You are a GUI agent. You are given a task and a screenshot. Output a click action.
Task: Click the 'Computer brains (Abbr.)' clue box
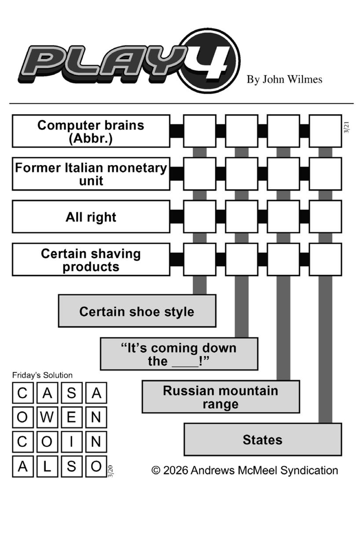(x=91, y=131)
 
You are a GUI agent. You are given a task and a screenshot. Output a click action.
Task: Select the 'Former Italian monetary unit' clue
(x=91, y=174)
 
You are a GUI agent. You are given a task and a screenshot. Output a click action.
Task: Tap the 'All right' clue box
(x=91, y=217)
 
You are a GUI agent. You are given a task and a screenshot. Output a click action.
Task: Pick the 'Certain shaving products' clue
(x=91, y=259)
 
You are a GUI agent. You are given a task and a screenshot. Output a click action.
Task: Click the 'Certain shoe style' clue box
(x=137, y=311)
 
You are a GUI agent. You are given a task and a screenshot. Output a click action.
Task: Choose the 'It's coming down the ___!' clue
(x=179, y=354)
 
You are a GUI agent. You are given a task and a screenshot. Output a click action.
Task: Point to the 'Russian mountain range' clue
(x=220, y=397)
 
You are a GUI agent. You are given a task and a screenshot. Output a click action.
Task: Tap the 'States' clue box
(x=263, y=440)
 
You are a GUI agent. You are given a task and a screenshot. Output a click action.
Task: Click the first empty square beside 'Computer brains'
(x=199, y=131)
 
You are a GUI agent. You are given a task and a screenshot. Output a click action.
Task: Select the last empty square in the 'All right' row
(x=325, y=217)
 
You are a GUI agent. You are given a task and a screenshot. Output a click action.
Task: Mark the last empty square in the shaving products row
(x=325, y=259)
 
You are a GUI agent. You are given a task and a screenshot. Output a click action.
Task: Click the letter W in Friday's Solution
(x=47, y=418)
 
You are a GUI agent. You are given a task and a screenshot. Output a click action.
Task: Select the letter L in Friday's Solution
(x=47, y=466)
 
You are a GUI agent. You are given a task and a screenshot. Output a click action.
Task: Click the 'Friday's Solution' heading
(x=42, y=375)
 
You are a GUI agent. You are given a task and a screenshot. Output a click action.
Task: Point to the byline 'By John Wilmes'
(x=284, y=79)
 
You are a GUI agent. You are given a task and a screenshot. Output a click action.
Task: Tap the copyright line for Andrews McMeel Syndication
(x=245, y=470)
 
